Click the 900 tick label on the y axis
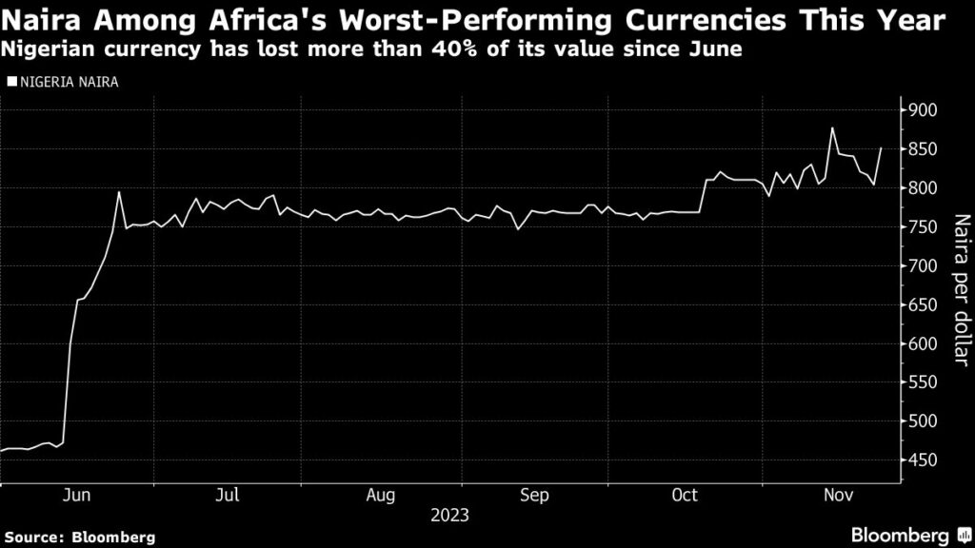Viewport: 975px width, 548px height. click(x=924, y=111)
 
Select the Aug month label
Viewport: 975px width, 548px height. click(x=380, y=496)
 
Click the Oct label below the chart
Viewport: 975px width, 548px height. click(x=685, y=496)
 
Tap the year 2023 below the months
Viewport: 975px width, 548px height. click(x=449, y=516)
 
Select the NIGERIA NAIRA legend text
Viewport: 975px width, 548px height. click(x=67, y=82)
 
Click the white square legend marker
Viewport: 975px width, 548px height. click(x=10, y=82)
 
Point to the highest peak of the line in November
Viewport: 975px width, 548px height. click(x=833, y=127)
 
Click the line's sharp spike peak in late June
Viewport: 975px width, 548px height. click(x=119, y=192)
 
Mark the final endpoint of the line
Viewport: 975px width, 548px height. click(x=881, y=148)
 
